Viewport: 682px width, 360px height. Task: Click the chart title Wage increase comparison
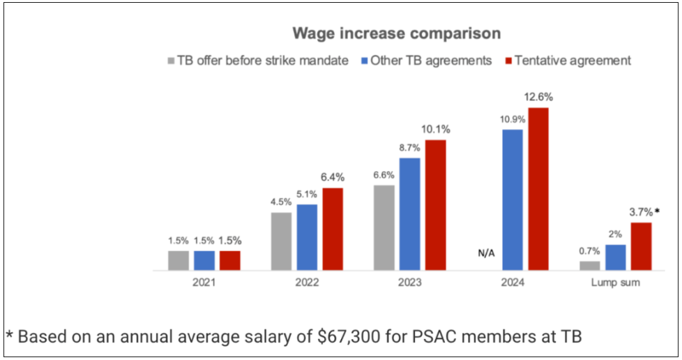point(396,33)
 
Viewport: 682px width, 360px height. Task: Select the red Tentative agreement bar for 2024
point(538,188)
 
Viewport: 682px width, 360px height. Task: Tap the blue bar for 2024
point(513,200)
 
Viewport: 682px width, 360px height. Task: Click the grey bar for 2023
point(384,227)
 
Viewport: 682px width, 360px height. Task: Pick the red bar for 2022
point(333,229)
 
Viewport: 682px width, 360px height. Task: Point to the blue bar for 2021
point(204,260)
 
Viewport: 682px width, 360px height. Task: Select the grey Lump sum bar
point(589,265)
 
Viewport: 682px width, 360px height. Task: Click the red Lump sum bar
point(641,246)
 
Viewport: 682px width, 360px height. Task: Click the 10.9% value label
point(513,119)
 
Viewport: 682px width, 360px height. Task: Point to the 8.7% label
point(409,147)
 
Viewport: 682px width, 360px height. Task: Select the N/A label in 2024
point(485,252)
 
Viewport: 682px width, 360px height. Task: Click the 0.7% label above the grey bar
point(589,250)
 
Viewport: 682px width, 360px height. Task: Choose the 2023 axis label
point(410,283)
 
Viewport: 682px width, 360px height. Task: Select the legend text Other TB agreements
point(431,61)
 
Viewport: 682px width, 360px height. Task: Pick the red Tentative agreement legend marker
point(508,61)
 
